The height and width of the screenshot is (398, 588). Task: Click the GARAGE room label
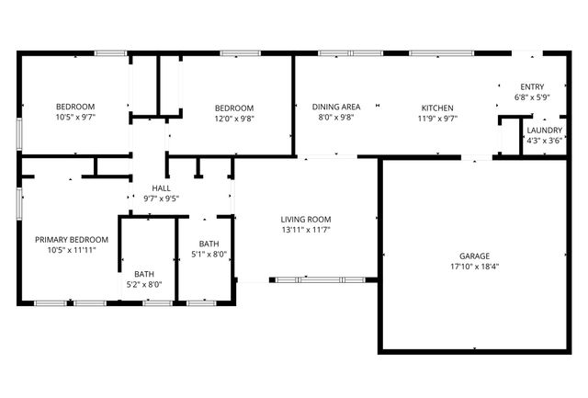474,256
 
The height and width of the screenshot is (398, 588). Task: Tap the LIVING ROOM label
306,219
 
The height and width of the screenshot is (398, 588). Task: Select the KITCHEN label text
438,107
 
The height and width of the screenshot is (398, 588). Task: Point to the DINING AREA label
336,107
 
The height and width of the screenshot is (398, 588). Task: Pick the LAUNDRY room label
544,130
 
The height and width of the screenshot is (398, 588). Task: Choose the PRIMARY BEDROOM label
72,240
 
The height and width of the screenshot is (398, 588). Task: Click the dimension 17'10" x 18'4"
474,267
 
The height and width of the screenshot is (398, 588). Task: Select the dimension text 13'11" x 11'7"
306,231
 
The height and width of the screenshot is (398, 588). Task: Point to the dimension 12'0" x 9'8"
233,119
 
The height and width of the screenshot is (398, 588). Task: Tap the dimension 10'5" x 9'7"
75,119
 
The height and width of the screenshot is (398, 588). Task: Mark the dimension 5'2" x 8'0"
144,285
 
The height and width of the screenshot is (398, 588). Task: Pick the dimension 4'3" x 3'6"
544,141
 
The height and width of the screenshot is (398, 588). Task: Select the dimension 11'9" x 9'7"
438,119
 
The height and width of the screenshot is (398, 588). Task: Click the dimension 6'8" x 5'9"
532,97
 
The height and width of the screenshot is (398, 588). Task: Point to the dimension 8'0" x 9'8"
336,119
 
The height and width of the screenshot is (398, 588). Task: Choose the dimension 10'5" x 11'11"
72,251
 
